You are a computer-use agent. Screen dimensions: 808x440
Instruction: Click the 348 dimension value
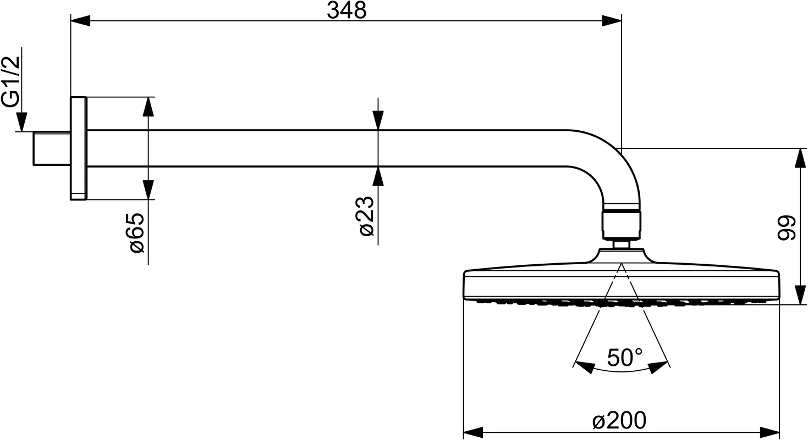(347, 10)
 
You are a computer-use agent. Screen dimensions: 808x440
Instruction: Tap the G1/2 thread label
(11, 82)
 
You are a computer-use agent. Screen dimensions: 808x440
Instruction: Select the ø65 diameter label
(136, 233)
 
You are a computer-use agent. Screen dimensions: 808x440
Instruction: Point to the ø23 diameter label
(366, 216)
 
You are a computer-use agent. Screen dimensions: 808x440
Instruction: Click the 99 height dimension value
(786, 227)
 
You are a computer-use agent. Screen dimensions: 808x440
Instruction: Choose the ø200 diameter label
(619, 420)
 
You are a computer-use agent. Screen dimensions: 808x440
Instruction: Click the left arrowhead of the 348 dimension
(80, 20)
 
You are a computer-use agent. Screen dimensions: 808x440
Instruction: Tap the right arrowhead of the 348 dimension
(612, 20)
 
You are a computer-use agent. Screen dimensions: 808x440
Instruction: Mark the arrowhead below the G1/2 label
(21, 122)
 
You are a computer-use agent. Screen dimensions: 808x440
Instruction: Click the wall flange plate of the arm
(78, 148)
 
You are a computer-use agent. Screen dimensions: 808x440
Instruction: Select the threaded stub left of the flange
(52, 148)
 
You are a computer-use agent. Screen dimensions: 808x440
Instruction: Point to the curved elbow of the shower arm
(613, 166)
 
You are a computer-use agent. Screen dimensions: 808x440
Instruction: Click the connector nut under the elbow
(622, 225)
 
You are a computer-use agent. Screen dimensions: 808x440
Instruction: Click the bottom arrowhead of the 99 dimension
(800, 295)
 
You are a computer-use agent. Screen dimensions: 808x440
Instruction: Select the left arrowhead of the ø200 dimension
(473, 432)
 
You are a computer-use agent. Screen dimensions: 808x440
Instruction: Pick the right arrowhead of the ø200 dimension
(770, 432)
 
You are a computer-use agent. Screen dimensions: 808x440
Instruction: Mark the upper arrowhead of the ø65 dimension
(149, 107)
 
